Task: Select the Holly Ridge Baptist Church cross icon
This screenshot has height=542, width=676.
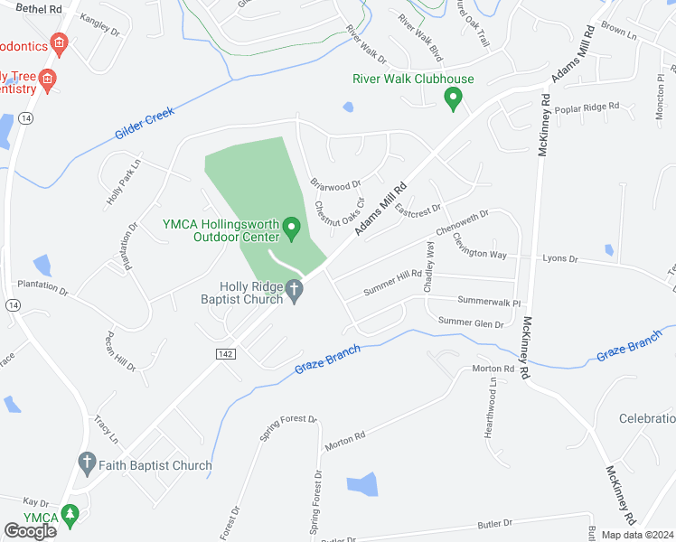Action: point(294,289)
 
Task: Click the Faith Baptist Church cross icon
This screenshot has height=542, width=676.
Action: point(87,465)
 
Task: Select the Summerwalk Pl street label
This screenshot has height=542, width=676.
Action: point(490,302)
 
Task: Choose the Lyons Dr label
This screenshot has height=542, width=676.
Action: point(560,258)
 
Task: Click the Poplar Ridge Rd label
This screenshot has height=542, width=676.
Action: point(588,107)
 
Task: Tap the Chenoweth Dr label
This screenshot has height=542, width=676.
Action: point(463,221)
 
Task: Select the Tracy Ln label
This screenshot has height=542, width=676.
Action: point(107,429)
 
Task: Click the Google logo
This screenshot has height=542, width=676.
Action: point(31,531)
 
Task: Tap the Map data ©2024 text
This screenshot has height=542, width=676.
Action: point(637,535)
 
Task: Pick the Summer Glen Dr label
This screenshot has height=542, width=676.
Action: point(470,322)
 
